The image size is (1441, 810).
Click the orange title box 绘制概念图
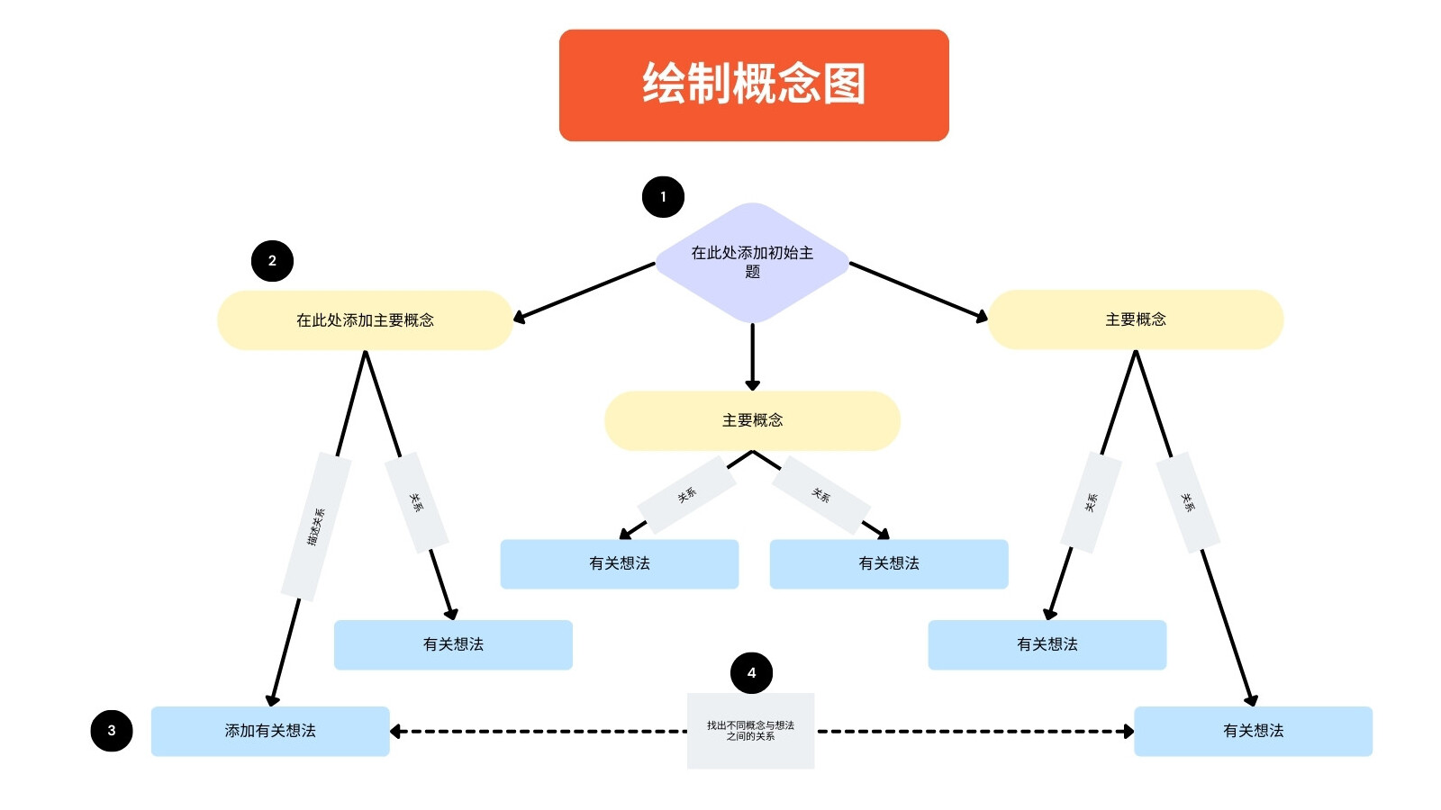click(x=753, y=85)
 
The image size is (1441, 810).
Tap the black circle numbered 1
click(x=663, y=197)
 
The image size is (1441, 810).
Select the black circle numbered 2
click(x=272, y=260)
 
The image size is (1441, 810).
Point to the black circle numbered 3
click(x=112, y=730)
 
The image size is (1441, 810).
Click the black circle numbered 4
click(x=751, y=672)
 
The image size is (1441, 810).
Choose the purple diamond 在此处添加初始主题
click(x=752, y=262)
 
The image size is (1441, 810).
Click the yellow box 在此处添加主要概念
click(x=365, y=319)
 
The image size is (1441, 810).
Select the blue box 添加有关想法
click(x=270, y=731)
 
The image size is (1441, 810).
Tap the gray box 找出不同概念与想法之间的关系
click(x=751, y=731)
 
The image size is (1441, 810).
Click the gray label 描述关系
click(x=316, y=526)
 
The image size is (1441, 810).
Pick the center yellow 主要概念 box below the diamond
click(x=752, y=420)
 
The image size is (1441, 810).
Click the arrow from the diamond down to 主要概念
click(x=752, y=356)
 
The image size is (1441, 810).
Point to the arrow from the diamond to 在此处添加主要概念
click(x=585, y=292)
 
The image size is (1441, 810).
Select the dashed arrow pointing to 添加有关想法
click(x=539, y=731)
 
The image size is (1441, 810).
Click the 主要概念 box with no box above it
click(x=1136, y=319)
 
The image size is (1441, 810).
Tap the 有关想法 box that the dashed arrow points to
click(x=1253, y=731)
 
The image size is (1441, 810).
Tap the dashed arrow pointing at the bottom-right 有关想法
click(x=974, y=731)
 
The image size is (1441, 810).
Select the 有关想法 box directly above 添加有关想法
click(x=453, y=644)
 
